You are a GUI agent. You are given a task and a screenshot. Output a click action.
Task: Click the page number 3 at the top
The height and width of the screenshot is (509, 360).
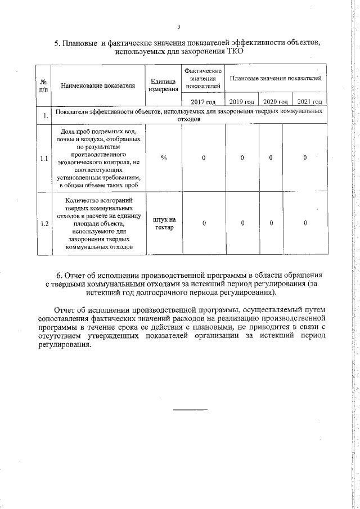tap(178, 27)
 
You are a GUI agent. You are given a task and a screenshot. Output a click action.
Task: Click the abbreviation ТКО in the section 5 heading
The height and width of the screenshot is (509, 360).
tap(235, 51)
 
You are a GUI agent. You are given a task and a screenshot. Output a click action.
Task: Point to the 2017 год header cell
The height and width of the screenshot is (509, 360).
tap(203, 102)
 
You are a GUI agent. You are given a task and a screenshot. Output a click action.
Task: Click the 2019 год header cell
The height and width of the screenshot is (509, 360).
tap(242, 102)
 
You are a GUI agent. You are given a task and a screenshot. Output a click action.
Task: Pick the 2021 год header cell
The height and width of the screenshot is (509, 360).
tap(309, 102)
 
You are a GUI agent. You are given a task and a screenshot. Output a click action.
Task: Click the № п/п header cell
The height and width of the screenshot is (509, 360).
tap(43, 86)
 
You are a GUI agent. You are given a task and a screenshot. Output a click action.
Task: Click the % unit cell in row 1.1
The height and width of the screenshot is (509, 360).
tap(163, 158)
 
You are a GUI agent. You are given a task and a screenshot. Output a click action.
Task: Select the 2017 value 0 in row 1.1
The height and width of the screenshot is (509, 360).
tap(204, 158)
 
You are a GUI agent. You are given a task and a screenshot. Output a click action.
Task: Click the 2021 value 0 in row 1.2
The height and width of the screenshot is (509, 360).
tap(305, 223)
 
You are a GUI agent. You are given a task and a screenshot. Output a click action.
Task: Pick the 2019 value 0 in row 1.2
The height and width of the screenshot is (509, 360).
tap(242, 223)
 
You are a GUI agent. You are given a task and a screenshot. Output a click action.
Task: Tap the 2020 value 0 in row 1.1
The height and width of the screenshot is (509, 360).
tap(271, 158)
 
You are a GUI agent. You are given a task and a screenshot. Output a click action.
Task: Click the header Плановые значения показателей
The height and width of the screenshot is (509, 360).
tap(276, 78)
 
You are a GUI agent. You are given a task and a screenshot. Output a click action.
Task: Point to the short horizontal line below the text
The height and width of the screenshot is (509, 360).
tap(190, 408)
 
